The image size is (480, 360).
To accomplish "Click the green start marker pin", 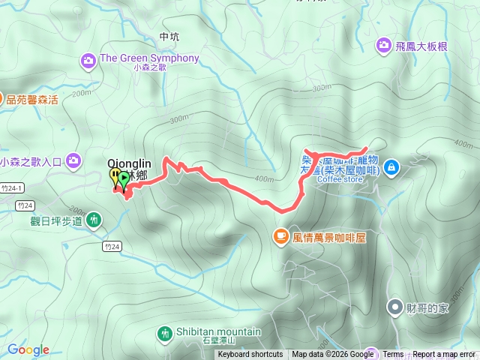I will tap(124, 178).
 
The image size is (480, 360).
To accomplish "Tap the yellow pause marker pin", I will tap(115, 177).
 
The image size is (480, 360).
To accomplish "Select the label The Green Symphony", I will tap(149, 58).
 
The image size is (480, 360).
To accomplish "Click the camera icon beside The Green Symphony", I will tap(89, 58).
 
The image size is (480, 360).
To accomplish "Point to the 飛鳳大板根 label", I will tap(422, 46).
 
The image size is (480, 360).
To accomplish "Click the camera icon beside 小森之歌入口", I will tap(73, 160).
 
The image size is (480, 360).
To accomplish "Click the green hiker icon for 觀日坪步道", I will tap(93, 220).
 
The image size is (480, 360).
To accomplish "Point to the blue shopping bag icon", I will tap(391, 168).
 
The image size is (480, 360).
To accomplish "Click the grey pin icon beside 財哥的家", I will tap(394, 307).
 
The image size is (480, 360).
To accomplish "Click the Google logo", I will tap(28, 349).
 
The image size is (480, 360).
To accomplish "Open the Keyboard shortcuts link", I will tap(250, 355).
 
